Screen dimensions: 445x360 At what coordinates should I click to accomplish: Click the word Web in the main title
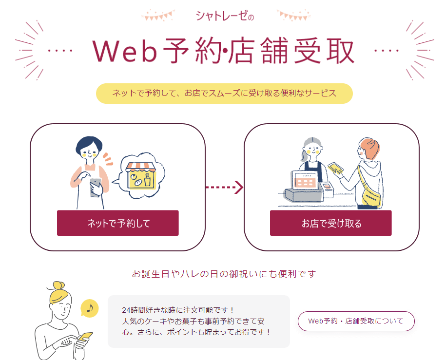tap(125, 51)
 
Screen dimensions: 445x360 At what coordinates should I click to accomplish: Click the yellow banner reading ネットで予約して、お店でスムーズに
tap(224, 94)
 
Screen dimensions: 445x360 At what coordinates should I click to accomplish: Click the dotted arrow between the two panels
tap(224, 187)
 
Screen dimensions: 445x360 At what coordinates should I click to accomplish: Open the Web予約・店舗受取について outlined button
tap(356, 321)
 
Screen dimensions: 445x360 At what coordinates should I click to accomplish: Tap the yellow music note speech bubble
tap(89, 308)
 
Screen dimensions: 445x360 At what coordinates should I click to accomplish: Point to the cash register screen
tap(305, 180)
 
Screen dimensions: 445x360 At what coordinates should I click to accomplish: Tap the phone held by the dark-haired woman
tap(96, 187)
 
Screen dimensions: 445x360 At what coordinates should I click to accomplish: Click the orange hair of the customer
tap(370, 149)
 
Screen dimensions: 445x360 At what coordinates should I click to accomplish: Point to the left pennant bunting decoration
tap(157, 16)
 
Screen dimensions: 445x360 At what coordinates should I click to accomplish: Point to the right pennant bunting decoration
tap(294, 16)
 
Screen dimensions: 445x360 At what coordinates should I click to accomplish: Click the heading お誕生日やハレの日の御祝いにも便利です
tap(224, 274)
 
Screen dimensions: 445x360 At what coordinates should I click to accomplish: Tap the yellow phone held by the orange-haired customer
tap(335, 167)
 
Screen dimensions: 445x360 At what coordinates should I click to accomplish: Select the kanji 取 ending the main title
tap(340, 51)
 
